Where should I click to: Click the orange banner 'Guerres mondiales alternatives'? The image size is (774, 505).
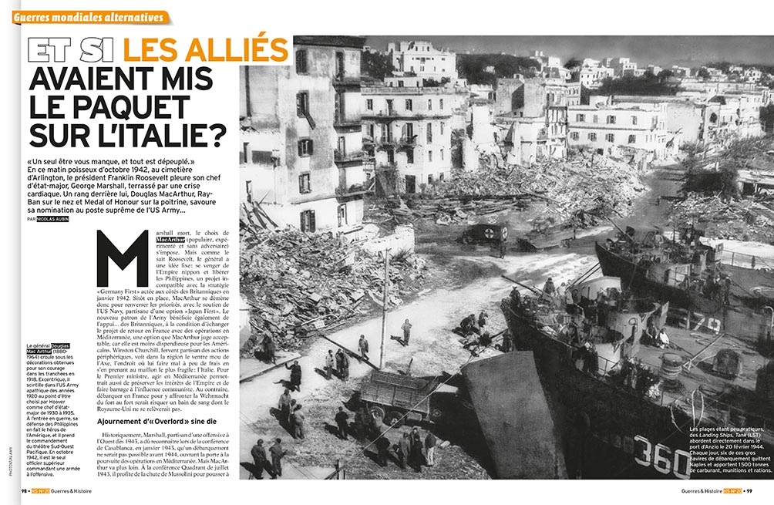(89, 17)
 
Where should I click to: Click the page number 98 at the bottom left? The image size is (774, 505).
(25, 491)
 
